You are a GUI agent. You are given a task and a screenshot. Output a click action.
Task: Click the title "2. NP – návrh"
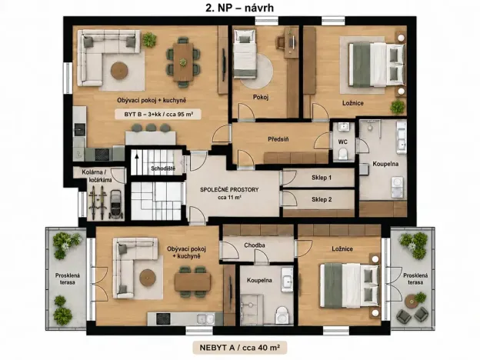click(239, 8)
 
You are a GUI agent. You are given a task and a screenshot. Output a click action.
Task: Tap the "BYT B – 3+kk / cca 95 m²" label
click(158, 115)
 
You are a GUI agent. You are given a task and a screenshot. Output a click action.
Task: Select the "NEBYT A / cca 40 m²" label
click(239, 348)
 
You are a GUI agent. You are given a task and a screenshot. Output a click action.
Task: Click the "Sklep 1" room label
click(322, 178)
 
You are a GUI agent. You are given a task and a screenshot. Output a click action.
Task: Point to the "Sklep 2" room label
click(322, 199)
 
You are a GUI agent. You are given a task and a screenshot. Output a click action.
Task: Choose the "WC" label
click(343, 142)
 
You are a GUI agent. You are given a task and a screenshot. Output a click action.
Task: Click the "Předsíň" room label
click(278, 139)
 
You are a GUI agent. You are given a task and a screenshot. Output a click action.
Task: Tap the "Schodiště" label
click(163, 168)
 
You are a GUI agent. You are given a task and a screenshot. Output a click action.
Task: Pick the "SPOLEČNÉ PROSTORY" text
click(229, 190)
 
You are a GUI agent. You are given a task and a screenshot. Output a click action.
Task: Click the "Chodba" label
click(255, 245)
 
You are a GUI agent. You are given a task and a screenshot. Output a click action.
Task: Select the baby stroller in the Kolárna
click(115, 204)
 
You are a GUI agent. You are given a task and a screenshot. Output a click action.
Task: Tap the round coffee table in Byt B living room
click(119, 71)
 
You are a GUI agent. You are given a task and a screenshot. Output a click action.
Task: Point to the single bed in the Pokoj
click(245, 54)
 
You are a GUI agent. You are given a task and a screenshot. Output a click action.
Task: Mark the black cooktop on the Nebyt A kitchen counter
click(163, 319)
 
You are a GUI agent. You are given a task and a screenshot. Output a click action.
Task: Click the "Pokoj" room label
click(261, 98)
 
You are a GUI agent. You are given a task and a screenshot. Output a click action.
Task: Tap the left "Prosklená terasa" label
click(68, 278)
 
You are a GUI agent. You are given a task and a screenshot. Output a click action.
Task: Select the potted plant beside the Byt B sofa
click(149, 39)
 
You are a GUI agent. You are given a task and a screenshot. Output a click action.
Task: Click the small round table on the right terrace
click(411, 302)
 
